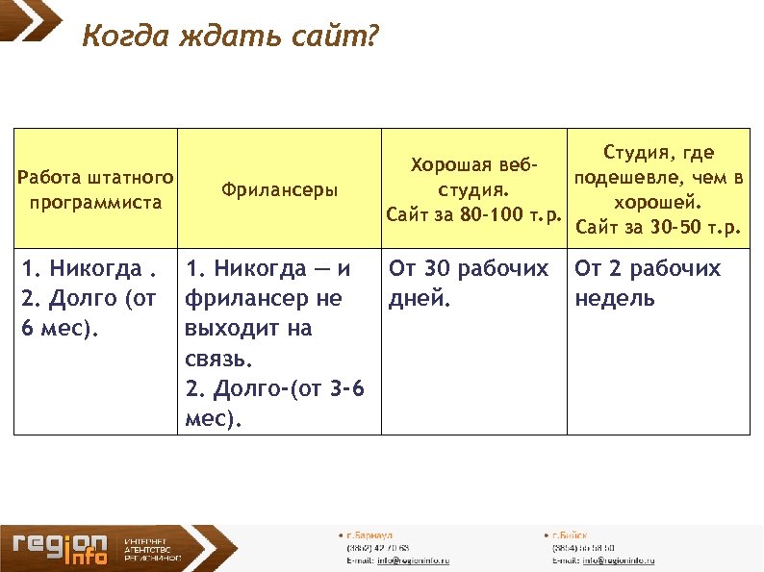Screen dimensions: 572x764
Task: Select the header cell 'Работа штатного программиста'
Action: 96,190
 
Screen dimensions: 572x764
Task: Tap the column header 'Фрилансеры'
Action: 280,190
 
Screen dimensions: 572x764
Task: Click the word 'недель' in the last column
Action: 614,298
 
